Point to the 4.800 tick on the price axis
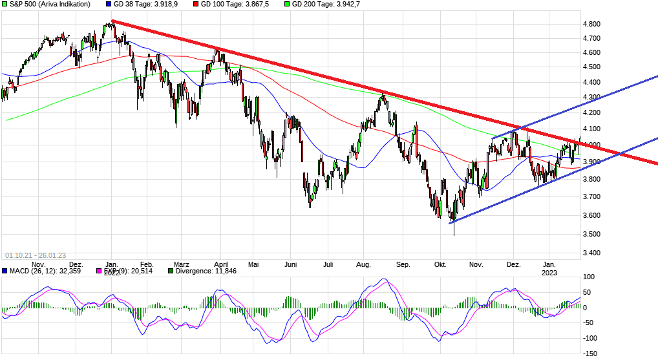point(592,24)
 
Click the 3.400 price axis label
point(592,253)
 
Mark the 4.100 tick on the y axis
point(592,112)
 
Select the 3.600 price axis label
point(592,215)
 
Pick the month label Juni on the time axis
point(291,264)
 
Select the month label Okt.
point(441,264)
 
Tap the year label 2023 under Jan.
point(549,272)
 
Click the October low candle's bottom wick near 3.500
point(454,233)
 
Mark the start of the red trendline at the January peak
point(112,21)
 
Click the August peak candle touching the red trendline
point(383,97)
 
